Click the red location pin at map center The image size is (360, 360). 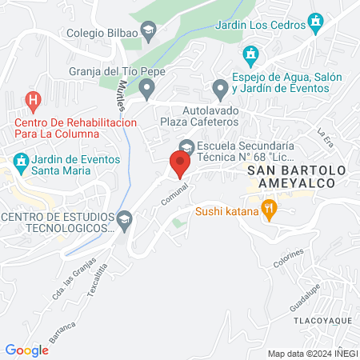tap(179, 164)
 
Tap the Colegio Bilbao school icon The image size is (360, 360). tap(148, 32)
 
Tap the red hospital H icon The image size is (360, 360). tap(33, 101)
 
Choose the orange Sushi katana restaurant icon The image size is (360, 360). tap(269, 212)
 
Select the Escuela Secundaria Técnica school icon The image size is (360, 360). tap(186, 147)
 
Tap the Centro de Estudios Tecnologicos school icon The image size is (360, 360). tap(124, 219)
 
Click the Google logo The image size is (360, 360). tap(26, 350)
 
